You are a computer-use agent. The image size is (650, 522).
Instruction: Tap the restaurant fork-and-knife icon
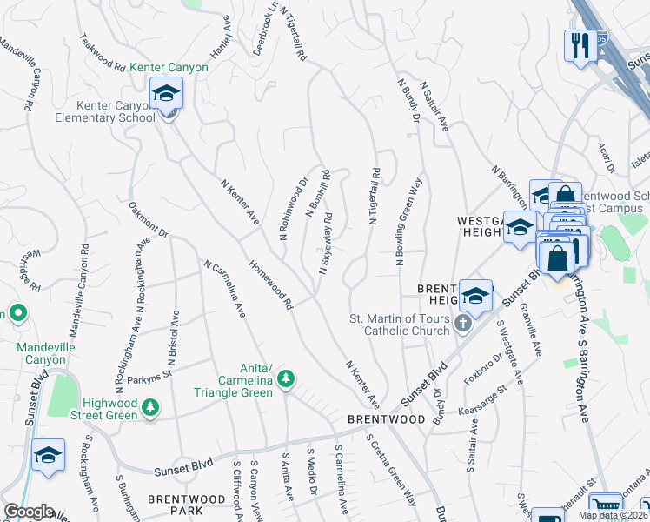pos(580,44)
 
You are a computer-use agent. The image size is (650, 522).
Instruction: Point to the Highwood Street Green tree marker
pos(150,407)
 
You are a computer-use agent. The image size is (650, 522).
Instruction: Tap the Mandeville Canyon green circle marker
pos(17,313)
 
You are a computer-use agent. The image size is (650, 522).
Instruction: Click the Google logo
pos(29,512)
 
